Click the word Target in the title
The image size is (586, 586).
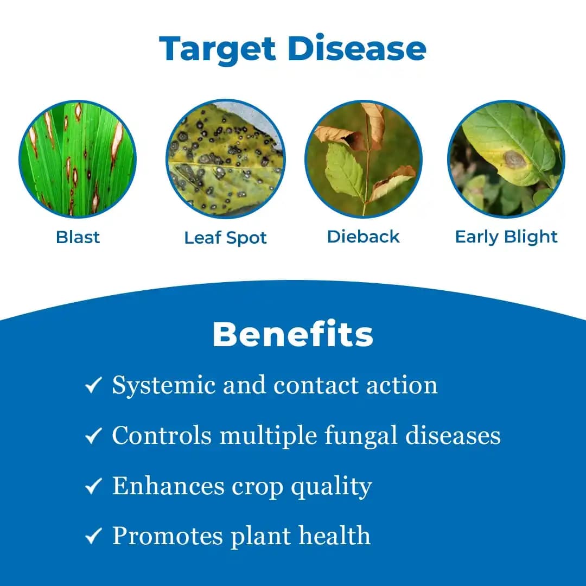coord(218,49)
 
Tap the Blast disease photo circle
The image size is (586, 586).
coord(78,159)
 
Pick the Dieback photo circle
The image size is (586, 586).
coord(364,159)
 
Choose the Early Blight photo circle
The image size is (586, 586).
coord(506,159)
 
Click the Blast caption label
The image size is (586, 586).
coord(78,237)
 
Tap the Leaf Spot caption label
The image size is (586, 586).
coord(225,238)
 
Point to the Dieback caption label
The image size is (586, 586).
coord(364,237)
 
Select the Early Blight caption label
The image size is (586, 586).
coord(506,237)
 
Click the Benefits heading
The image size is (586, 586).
coord(293,334)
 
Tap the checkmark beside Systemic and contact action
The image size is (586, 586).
coord(94,386)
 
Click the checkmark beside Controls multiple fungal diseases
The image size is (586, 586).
coord(94,436)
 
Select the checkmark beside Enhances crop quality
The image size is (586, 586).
coord(94,486)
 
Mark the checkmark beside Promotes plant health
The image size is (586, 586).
coord(94,537)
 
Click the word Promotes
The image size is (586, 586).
coord(167,536)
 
